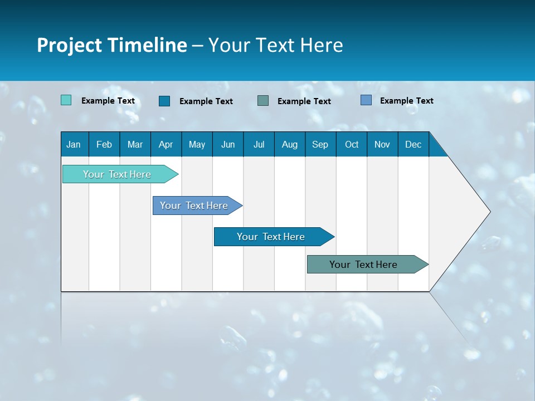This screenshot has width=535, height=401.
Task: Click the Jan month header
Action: point(74,144)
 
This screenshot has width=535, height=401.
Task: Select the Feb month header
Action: point(104,144)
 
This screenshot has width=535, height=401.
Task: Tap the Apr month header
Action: point(166,144)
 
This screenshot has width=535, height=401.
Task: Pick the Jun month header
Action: point(227,144)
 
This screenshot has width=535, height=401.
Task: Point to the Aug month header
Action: point(289,144)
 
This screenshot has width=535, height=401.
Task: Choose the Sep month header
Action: point(320,144)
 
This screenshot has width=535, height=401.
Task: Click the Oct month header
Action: point(352,144)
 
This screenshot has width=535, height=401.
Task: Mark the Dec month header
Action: point(413,144)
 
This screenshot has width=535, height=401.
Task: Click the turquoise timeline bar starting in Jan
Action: point(117,174)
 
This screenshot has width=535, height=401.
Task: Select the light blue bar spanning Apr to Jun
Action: point(194,206)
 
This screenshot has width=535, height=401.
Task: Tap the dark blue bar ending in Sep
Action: point(271,237)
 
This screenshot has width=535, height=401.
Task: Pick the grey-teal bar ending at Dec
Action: point(363,265)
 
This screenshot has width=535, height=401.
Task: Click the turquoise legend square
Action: point(66,100)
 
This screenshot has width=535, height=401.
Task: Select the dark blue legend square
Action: point(164,101)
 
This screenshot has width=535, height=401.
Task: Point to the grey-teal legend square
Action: point(263,100)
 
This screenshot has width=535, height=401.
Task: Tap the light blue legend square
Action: point(366,100)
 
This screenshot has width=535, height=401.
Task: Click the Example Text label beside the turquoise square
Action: point(108,101)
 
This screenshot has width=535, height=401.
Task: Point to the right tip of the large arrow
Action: point(489,212)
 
